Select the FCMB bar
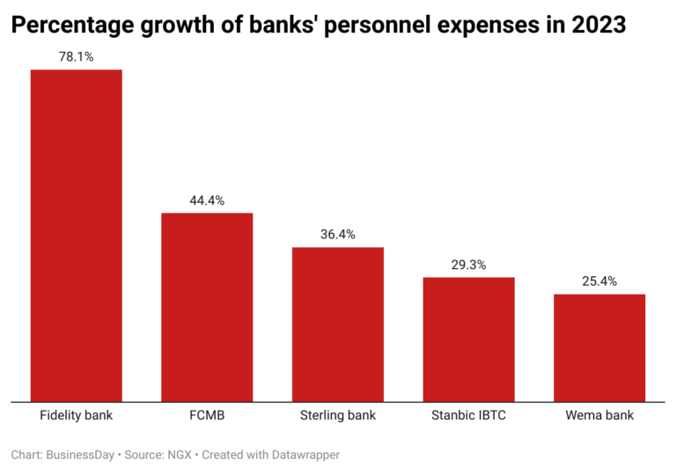click(207, 307)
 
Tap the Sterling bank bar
click(338, 324)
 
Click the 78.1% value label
click(77, 57)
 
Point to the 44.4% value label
click(207, 200)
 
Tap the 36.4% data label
click(338, 235)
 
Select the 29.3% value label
click(468, 265)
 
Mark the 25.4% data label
click(599, 281)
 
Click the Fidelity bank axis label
click(77, 414)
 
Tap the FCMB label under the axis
click(207, 414)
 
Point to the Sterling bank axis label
click(338, 414)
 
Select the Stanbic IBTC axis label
click(468, 414)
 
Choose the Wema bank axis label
click(599, 414)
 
